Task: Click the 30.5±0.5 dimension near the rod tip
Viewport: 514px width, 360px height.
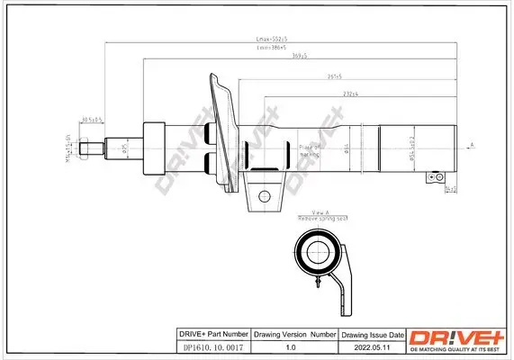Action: [92, 118]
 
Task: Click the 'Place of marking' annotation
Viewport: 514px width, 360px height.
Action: [308, 149]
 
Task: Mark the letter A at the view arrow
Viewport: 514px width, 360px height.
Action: [472, 144]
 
